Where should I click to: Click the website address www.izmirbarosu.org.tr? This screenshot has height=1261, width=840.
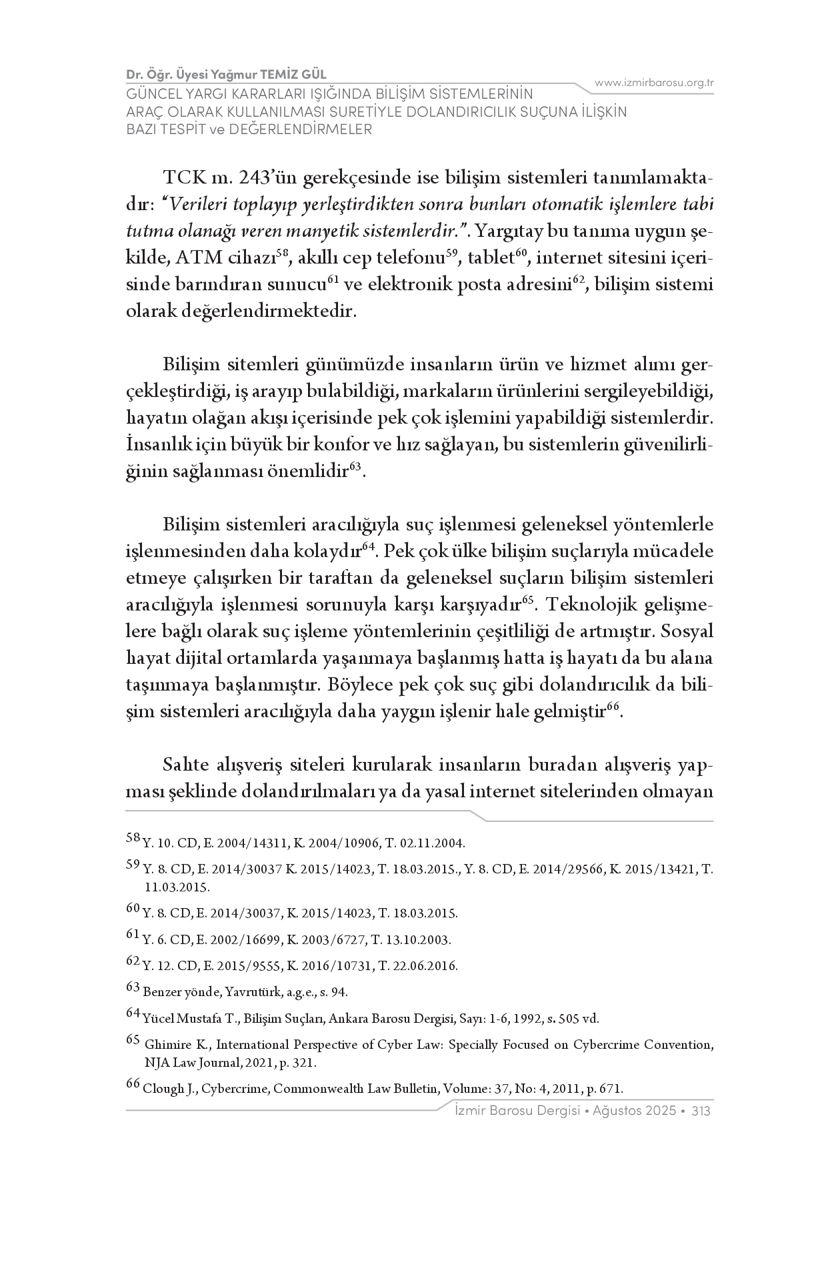point(654,82)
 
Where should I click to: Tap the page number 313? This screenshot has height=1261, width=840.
point(701,1111)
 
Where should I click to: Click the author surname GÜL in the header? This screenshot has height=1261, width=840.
point(312,74)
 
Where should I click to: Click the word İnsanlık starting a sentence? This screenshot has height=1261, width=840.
point(157,445)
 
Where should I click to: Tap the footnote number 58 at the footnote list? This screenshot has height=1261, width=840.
point(133,839)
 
